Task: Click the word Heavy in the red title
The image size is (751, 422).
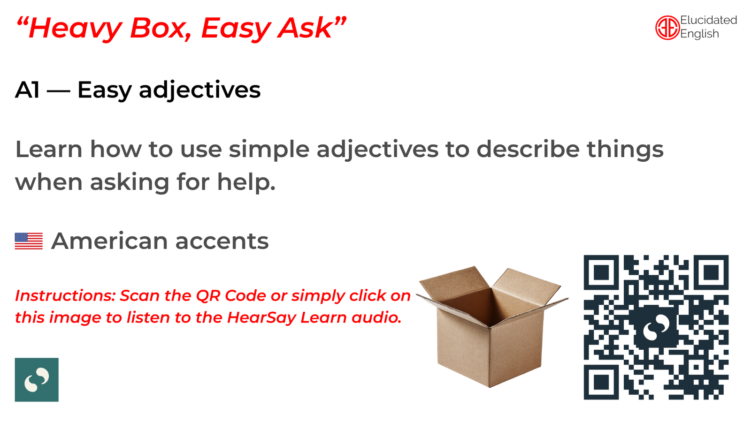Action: click(76, 29)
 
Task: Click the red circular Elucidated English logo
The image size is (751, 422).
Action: click(667, 28)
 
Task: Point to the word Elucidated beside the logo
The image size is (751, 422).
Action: click(708, 20)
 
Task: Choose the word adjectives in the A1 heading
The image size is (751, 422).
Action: click(200, 90)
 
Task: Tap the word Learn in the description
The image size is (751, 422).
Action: click(49, 149)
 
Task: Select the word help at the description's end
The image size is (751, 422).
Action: click(246, 182)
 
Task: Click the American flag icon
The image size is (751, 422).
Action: click(29, 241)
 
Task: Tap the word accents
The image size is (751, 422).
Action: click(222, 241)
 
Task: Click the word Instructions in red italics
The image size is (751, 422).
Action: click(65, 295)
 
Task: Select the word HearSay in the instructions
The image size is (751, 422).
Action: click(261, 317)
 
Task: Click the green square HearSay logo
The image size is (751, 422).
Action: click(37, 379)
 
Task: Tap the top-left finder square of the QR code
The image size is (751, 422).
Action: click(601, 272)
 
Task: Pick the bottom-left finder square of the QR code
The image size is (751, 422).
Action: click(601, 382)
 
